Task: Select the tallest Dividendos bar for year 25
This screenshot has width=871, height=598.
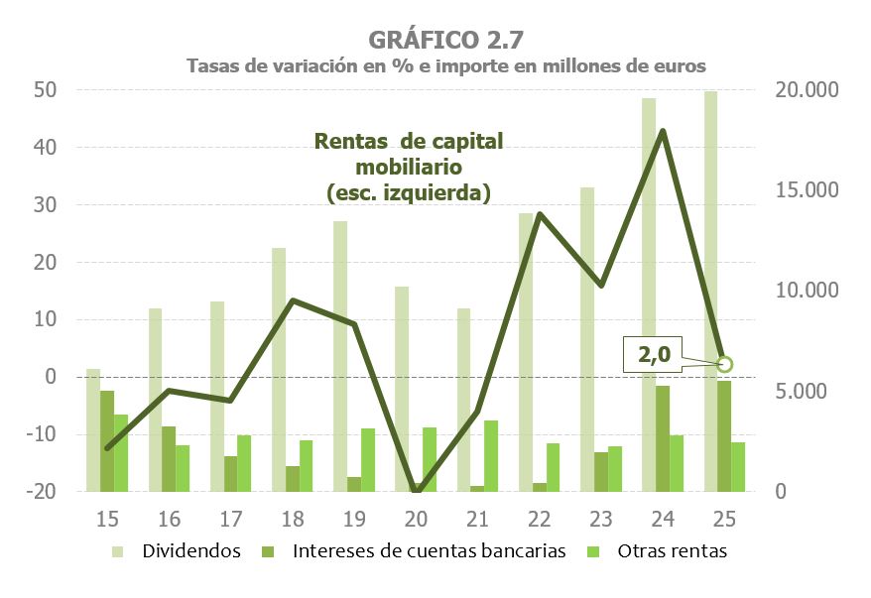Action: click(x=710, y=288)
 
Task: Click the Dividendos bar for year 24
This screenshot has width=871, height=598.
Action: click(x=649, y=294)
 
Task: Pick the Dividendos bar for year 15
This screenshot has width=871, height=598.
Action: click(x=93, y=429)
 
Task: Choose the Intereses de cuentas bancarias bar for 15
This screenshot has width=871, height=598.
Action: click(x=107, y=440)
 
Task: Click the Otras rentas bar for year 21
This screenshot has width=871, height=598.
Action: click(x=491, y=455)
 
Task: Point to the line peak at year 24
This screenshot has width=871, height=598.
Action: click(x=662, y=131)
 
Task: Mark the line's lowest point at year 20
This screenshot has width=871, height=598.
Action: click(x=417, y=490)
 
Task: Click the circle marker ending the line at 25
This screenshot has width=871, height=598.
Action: click(x=724, y=364)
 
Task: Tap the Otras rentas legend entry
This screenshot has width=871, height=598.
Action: click(x=670, y=551)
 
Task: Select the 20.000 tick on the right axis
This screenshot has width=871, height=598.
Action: click(x=808, y=90)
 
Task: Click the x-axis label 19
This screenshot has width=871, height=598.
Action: click(x=353, y=519)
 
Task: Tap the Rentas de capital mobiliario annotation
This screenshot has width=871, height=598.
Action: click(x=409, y=167)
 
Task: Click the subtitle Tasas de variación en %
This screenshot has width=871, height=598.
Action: click(x=445, y=66)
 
